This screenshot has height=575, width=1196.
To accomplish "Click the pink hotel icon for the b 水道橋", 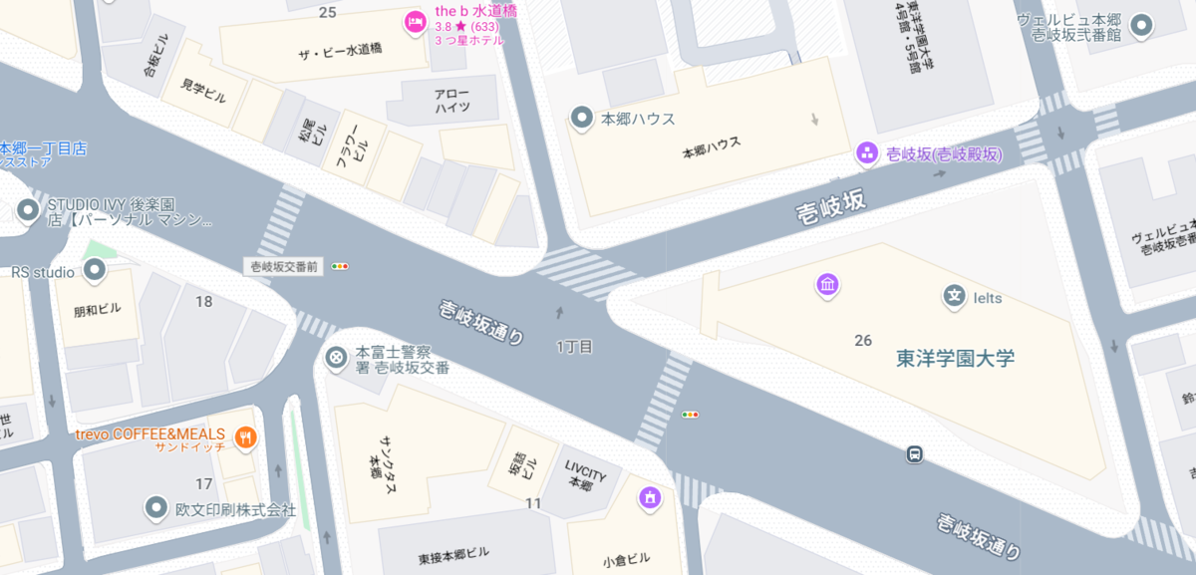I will (x=414, y=21).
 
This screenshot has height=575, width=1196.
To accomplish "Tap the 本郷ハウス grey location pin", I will (x=581, y=119).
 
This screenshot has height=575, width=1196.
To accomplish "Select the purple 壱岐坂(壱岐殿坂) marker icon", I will (x=867, y=153).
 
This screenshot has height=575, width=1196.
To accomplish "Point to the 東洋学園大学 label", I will (x=955, y=359).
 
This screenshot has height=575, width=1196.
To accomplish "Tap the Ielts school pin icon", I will (x=954, y=296).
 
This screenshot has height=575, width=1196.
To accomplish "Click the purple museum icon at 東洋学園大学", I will (x=827, y=287).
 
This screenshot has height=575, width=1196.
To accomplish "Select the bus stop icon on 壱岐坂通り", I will (x=913, y=454).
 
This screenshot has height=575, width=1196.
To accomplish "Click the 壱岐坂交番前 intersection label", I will (x=284, y=267).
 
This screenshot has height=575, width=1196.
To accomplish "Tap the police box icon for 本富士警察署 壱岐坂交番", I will (x=338, y=357).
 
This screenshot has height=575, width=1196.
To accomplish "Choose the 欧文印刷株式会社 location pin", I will (x=156, y=508).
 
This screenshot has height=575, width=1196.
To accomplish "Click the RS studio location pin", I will (x=95, y=270).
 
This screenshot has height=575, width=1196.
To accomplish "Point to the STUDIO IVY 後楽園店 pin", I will (x=28, y=210).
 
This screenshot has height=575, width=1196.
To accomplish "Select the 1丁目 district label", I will (x=574, y=347).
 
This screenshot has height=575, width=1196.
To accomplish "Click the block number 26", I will (x=863, y=341).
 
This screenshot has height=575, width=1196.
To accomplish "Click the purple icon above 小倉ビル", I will (x=650, y=495).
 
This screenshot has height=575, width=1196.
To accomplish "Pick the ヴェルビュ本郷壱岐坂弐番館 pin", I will (x=1142, y=25).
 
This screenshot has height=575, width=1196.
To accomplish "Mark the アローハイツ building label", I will (x=451, y=100).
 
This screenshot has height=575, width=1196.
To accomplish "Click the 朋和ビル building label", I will (x=98, y=309).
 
